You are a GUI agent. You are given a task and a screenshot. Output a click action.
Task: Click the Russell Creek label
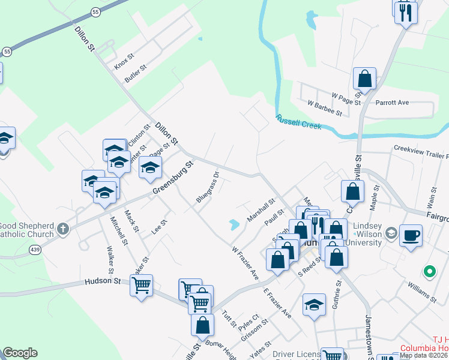[x=299, y=122]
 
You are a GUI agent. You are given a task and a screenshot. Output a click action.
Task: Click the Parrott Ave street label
[x=392, y=103]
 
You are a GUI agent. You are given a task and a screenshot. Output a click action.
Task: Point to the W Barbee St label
[x=324, y=108]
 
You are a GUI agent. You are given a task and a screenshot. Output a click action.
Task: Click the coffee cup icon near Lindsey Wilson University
[x=411, y=235]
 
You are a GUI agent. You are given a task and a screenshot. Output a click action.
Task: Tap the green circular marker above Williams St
[x=429, y=272]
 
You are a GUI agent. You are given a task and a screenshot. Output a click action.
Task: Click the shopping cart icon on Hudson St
[x=141, y=286]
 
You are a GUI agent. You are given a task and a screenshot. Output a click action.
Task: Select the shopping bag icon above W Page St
[x=364, y=79]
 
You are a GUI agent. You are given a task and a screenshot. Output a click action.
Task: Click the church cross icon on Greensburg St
[x=62, y=229]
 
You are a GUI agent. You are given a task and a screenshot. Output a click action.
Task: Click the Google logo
[x=19, y=352]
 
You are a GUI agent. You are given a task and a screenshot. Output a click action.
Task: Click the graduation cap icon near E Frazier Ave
[x=314, y=305]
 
